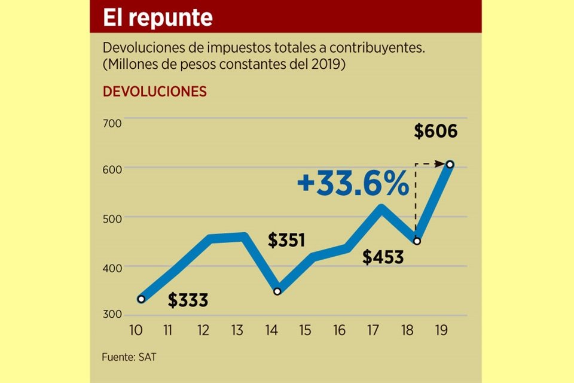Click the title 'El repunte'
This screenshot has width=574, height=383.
click(158, 17)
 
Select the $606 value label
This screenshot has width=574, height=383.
click(435, 131)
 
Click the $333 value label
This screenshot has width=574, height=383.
click(188, 300)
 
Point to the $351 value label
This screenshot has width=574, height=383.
click(286, 241)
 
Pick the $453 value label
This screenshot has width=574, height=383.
click(383, 257)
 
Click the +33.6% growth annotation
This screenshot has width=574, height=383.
click(353, 184)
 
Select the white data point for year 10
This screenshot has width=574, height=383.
click(141, 299)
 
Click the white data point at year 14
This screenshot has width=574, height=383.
click(277, 291)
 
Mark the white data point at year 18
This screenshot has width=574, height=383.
click(417, 241)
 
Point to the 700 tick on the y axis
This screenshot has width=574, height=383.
click(112, 123)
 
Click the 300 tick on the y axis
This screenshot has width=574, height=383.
click(112, 315)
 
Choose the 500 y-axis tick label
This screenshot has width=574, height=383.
click(112, 218)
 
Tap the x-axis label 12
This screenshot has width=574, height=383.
click(204, 330)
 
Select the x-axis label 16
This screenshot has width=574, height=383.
click(339, 330)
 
